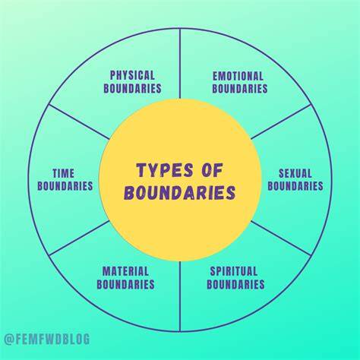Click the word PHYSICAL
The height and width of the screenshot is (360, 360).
(x=132, y=75)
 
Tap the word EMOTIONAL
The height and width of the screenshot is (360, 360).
(x=238, y=76)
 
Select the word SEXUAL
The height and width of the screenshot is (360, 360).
(x=295, y=173)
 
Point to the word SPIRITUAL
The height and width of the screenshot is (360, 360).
(x=234, y=271)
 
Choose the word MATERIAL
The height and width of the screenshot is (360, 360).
(x=125, y=271)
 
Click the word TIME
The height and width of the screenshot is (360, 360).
(x=64, y=173)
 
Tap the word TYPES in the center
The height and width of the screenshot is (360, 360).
(x=165, y=170)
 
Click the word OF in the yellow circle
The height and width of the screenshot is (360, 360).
(x=212, y=170)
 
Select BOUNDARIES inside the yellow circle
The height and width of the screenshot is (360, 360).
(x=180, y=192)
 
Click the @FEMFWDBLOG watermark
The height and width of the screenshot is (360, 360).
(x=47, y=339)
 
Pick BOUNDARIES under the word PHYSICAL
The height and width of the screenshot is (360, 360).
(x=132, y=88)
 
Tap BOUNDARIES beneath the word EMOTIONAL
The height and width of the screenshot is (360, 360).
(x=240, y=89)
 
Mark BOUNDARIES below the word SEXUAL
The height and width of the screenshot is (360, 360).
(x=295, y=186)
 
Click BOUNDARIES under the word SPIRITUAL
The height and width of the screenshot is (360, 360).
(x=235, y=284)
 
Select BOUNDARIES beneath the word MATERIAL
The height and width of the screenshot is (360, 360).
(x=125, y=284)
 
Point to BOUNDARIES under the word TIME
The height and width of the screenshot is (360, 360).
(x=65, y=186)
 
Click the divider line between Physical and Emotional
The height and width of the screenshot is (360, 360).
(x=180, y=63)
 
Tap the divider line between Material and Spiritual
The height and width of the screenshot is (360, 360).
(x=180, y=296)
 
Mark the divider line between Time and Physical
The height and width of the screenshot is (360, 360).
(x=79, y=122)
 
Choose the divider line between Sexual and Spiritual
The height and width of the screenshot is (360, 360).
(x=281, y=238)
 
